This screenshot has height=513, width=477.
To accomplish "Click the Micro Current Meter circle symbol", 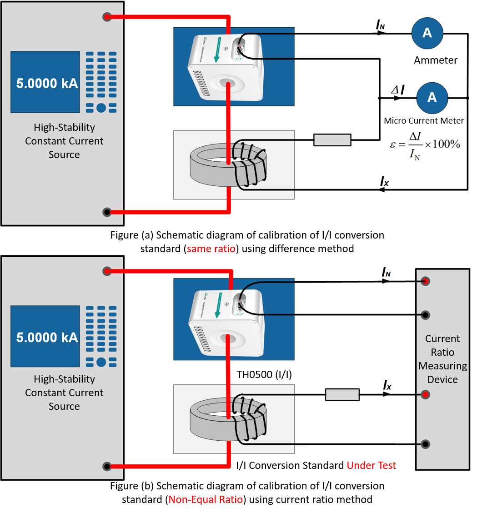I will tap(432, 97).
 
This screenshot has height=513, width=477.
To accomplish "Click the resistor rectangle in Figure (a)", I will tap(332, 140).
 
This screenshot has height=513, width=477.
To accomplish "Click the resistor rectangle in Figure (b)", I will tap(342, 394).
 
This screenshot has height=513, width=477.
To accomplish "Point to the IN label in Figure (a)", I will tap(381, 25).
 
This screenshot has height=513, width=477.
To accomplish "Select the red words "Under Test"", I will tap(371, 465).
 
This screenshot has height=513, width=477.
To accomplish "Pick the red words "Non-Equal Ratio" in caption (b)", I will tap(206, 499).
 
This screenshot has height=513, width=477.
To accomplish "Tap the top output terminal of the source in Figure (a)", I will tap(107, 17).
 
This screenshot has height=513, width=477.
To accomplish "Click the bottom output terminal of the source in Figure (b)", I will tap(107, 466).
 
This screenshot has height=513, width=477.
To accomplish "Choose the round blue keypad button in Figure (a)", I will tap(101, 108).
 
